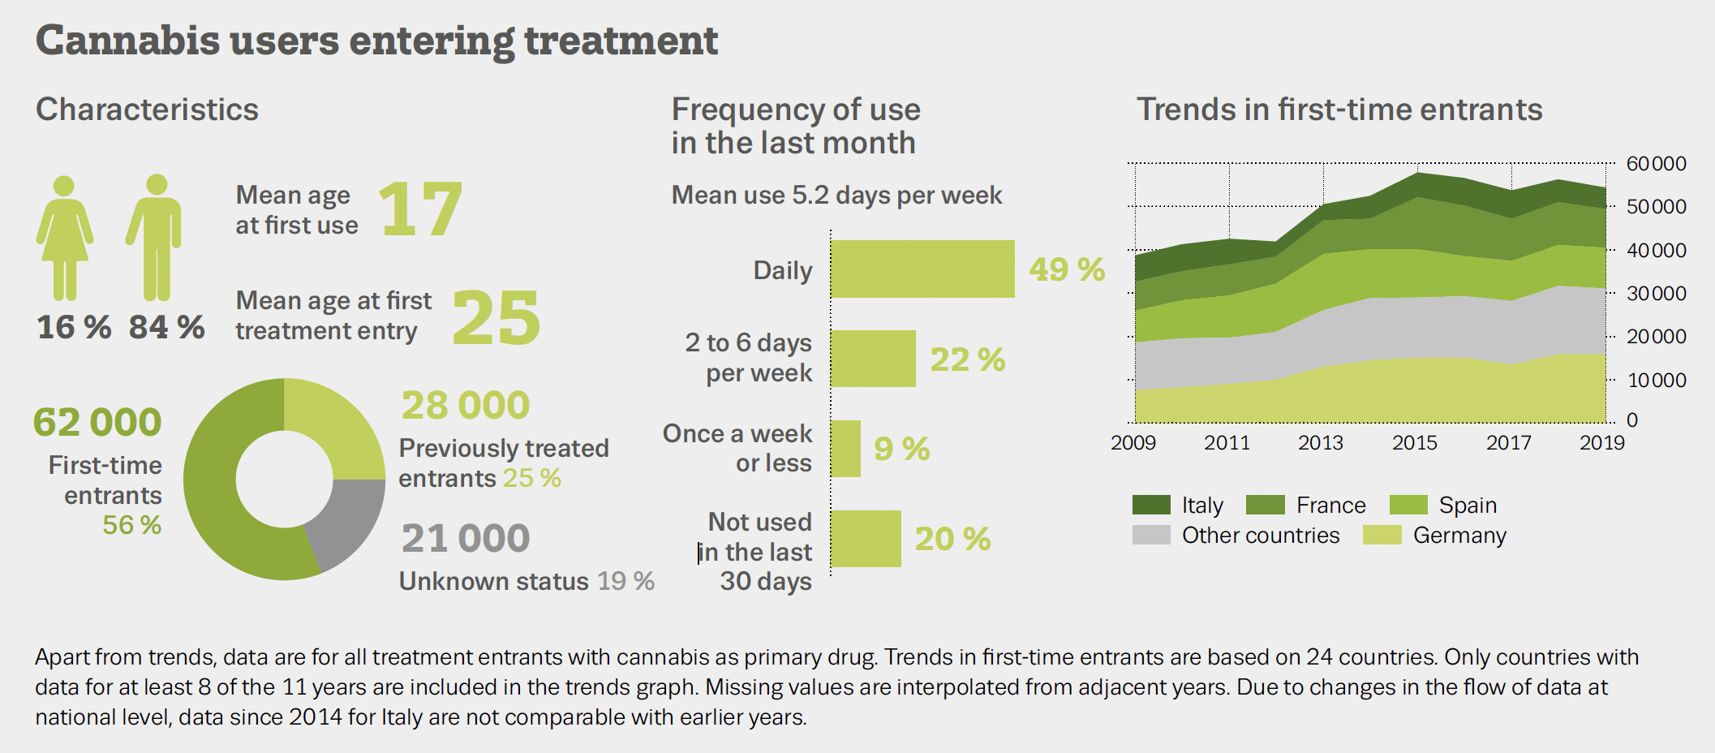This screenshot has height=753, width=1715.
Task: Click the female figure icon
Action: pos(65,238)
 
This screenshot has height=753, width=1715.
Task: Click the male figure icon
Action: pos(156,238)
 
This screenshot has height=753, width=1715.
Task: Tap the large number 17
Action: pos(420,209)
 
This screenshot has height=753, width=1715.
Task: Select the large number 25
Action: pos(496,318)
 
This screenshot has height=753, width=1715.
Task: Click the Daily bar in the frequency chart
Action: pos(922,269)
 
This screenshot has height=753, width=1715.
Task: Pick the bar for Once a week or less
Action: pos(845,448)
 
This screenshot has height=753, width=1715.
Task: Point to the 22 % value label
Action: pos(967,359)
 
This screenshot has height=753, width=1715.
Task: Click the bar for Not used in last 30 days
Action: pos(866,538)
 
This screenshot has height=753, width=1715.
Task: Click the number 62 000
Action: pos(97,422)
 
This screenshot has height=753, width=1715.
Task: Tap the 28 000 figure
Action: pos(466,405)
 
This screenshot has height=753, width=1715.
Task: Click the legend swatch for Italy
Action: pos(1151,505)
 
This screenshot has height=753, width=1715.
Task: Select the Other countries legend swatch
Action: pos(1151,536)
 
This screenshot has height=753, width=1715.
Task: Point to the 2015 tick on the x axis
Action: pos(1415,442)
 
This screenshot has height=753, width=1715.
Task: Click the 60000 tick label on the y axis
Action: pos(1656,163)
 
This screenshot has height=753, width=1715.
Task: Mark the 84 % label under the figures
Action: pos(166,327)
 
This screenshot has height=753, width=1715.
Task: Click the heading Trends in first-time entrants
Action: pos(1339,110)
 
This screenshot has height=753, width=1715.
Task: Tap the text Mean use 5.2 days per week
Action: pos(836,195)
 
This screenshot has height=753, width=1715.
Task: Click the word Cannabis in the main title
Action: pos(128,41)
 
